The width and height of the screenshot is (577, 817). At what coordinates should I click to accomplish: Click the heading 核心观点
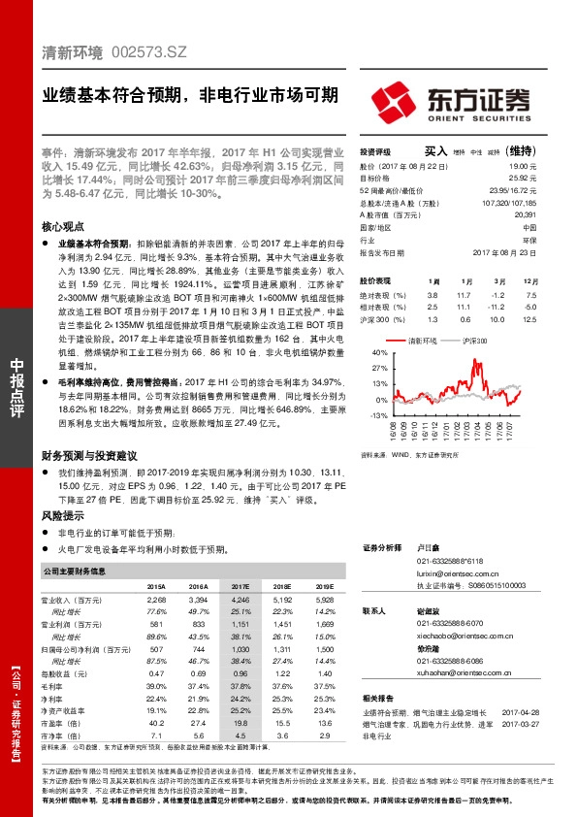click(x=64, y=225)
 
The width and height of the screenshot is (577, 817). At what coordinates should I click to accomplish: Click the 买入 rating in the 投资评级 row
click(x=435, y=151)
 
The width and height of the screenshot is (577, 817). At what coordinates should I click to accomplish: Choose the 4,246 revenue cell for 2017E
click(x=240, y=601)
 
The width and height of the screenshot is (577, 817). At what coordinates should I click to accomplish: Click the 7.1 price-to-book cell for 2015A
click(x=156, y=735)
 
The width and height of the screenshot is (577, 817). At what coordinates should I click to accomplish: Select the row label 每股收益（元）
click(x=69, y=672)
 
